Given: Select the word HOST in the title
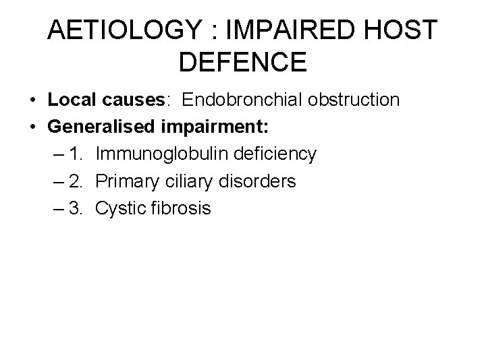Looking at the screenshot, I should pos(404,30).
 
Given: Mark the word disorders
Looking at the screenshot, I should pos(259,181).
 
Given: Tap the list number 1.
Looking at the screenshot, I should pos(76,154).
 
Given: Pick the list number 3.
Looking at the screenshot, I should pos(76,208).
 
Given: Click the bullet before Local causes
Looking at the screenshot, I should pos(32,101).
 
